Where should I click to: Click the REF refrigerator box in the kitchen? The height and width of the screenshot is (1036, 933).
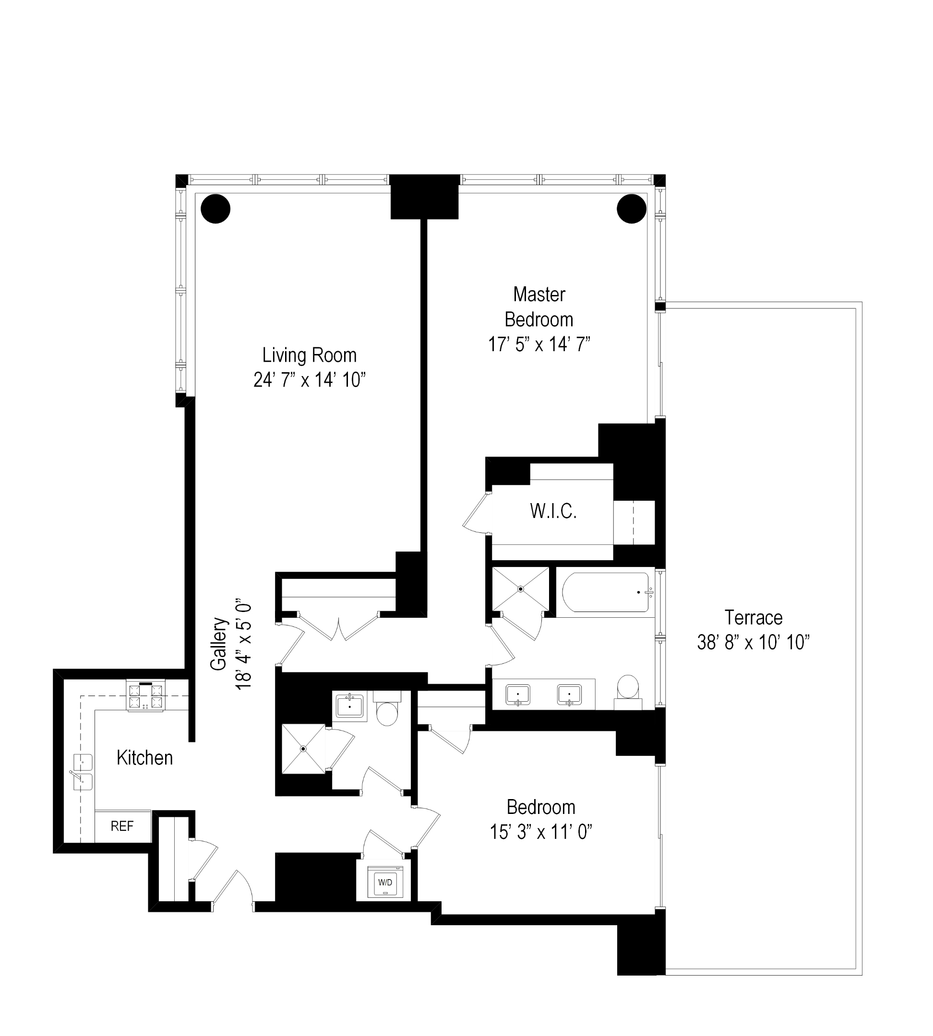[122, 825]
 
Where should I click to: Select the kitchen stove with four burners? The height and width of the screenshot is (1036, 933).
[145, 696]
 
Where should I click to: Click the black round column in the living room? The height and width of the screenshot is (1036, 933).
[215, 209]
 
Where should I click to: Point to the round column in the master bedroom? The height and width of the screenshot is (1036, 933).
[631, 209]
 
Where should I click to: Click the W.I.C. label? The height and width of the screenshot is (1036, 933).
[553, 511]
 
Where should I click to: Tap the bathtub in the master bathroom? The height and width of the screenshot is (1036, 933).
[605, 592]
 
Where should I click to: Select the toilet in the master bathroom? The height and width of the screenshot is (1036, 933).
[628, 690]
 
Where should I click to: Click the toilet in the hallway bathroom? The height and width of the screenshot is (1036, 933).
[387, 711]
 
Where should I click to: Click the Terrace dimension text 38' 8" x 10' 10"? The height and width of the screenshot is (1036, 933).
[753, 642]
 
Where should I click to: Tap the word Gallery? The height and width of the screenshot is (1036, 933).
[219, 644]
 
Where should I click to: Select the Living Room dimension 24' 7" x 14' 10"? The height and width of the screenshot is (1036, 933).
[309, 380]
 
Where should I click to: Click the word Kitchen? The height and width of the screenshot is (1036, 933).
[144, 758]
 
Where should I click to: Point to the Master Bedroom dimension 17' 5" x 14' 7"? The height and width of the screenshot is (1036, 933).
[539, 344]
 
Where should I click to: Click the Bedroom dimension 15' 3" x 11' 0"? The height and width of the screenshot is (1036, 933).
[541, 832]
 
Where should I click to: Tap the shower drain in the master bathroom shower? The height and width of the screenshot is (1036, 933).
[520, 589]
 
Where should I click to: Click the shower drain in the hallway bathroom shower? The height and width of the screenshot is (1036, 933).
[303, 749]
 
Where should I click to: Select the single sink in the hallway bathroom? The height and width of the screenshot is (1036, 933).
[349, 706]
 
